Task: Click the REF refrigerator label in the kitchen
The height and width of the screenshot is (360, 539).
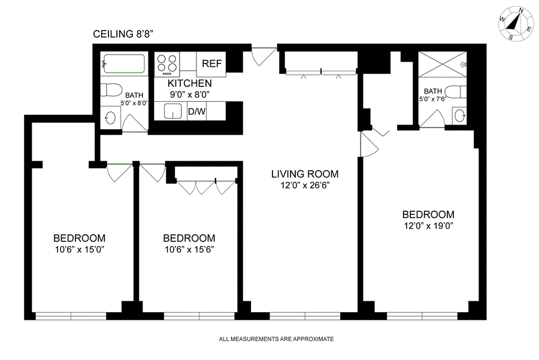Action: pos(211,63)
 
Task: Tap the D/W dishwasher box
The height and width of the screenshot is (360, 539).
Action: pos(196,111)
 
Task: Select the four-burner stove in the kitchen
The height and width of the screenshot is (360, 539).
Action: pos(166,64)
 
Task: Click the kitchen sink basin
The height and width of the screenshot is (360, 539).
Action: pos(172,111)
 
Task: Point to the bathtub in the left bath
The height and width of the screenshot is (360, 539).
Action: pos(124,63)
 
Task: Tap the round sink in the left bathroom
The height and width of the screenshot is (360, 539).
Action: pos(111,118)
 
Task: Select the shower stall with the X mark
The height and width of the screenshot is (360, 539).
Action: pos(443,64)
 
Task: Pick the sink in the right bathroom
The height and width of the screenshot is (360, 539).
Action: pos(459,116)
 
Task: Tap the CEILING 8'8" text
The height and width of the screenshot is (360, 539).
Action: pos(123,34)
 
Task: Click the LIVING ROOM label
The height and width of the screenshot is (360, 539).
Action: pos(305,174)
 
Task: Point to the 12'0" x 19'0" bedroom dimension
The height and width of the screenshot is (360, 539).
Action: pos(428,226)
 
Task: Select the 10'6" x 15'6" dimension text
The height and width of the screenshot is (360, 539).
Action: pos(189,250)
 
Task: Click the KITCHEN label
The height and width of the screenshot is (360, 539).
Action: pos(190,83)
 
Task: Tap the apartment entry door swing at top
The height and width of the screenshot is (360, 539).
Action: pos(264,55)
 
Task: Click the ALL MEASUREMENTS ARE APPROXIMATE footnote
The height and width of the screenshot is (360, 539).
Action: pos(276,339)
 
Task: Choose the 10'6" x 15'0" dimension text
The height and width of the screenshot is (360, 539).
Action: pos(80,250)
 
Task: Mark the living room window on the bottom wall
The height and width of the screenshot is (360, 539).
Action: pos(305,316)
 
